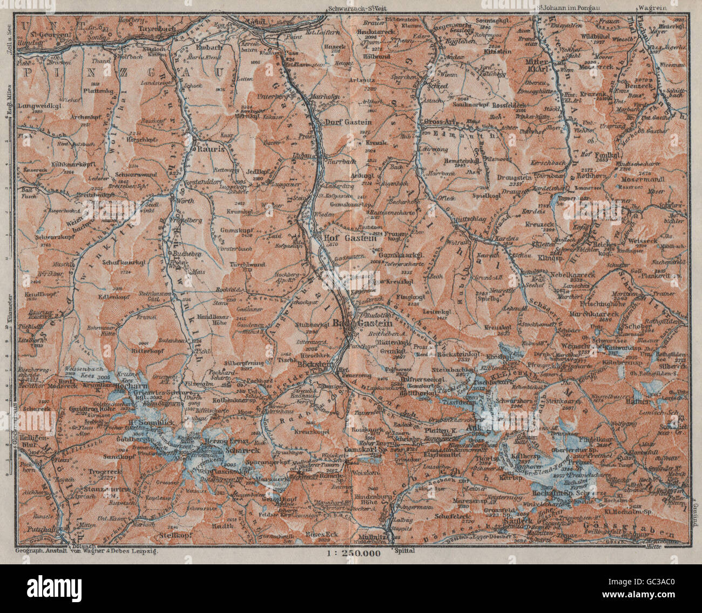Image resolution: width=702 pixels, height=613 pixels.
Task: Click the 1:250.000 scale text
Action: pos(353,553)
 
